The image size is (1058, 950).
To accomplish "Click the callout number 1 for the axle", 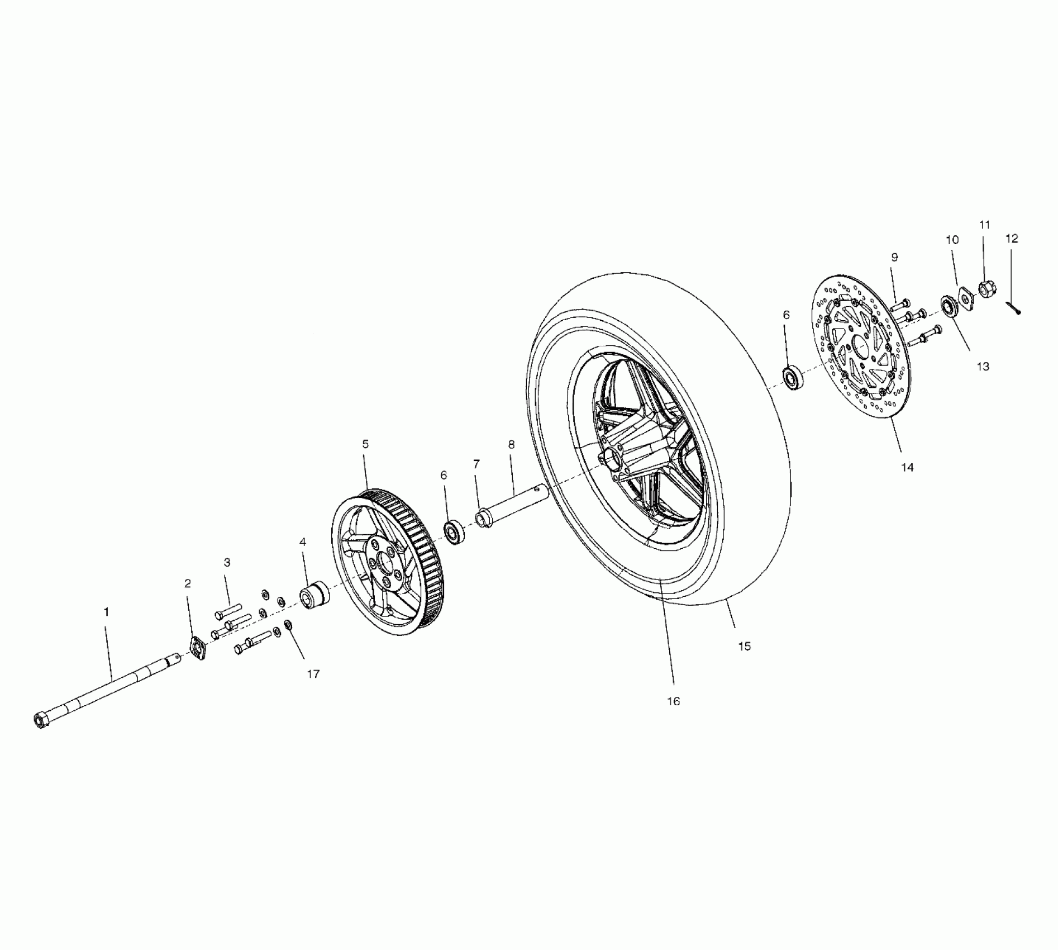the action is point(106,612).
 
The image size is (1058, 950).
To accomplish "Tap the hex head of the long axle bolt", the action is point(40,720).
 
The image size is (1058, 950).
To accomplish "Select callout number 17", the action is point(313,674).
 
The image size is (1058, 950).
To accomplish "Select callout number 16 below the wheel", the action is point(673,701).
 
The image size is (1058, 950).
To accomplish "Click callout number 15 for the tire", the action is point(744,646).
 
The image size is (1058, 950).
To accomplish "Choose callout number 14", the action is point(907,467).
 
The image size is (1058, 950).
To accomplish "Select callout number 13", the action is point(983,366).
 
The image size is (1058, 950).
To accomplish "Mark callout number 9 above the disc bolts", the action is point(894,258).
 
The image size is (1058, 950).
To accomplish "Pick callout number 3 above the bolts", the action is point(227,562).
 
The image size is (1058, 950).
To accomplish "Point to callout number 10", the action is point(952,240).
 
